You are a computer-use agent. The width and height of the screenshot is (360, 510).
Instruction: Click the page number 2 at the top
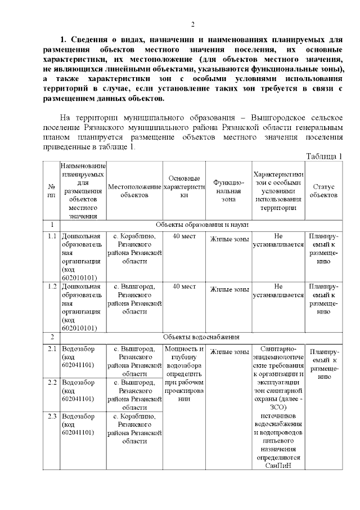[192, 24]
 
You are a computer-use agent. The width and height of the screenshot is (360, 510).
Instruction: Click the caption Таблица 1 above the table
[324, 156]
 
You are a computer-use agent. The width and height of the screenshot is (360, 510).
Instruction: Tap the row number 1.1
[52, 236]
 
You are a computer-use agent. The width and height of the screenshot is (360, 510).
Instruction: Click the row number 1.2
[52, 287]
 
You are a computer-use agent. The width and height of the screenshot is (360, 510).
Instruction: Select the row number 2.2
[52, 383]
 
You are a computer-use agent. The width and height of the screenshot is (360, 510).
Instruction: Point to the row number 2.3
[52, 417]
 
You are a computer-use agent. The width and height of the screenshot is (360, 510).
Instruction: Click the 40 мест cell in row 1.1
[184, 236]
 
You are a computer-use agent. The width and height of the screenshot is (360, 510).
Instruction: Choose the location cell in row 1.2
[134, 298]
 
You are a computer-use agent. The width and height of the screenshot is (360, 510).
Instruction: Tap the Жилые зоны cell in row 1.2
[229, 290]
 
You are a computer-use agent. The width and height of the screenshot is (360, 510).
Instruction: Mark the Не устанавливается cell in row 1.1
[278, 241]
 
